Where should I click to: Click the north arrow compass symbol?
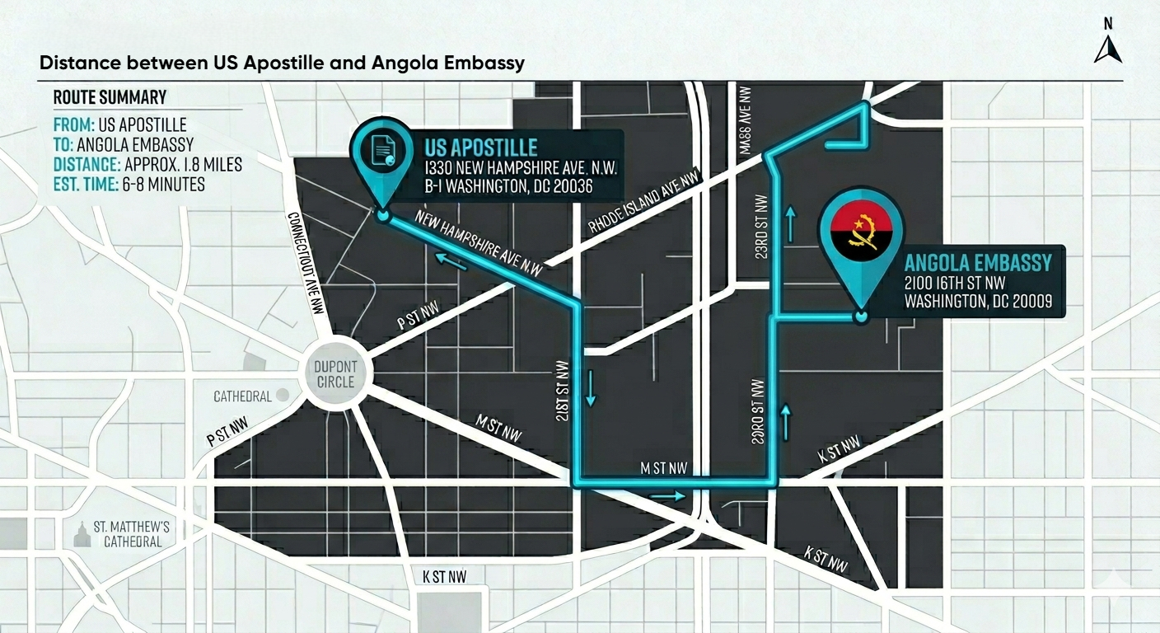click(1107, 49)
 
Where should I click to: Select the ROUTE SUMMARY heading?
click(110, 97)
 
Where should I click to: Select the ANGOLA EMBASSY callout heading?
click(978, 263)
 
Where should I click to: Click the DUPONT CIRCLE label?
click(335, 374)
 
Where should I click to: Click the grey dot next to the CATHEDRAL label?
click(283, 396)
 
